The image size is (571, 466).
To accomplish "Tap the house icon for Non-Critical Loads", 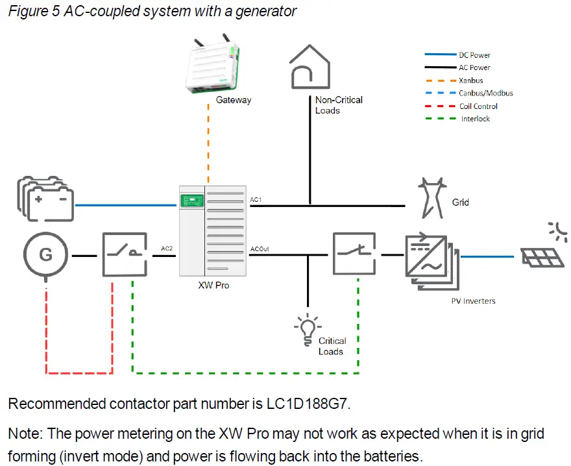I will click(x=310, y=67).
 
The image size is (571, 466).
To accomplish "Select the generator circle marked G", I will click(x=46, y=255).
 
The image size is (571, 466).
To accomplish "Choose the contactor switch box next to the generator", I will click(x=127, y=256).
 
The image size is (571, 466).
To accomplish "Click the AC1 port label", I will click(x=256, y=200).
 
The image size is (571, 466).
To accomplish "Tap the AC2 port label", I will click(x=167, y=249).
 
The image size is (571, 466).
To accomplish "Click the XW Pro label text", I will click(x=213, y=286).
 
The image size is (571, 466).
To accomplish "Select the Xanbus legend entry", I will click(x=470, y=80).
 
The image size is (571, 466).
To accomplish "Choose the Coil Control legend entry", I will click(x=478, y=106).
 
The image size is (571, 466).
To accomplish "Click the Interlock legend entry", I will click(x=475, y=119).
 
